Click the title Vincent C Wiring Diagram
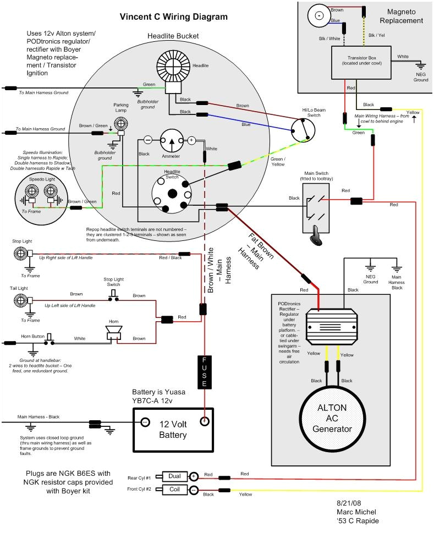click(x=173, y=17)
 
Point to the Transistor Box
click(x=361, y=62)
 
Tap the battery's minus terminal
click(x=145, y=422)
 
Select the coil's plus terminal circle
click(x=194, y=476)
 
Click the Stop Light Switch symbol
click(x=113, y=295)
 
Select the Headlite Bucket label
click(x=173, y=36)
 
